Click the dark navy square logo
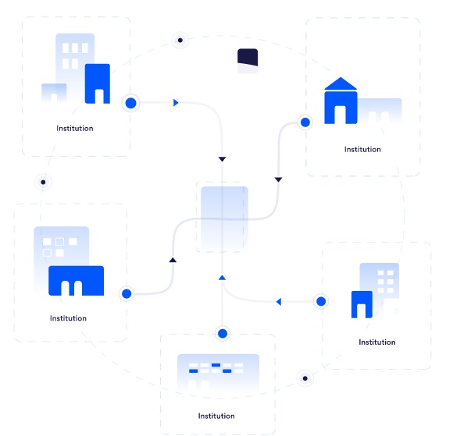pyautogui.click(x=248, y=58)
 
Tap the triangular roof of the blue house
pyautogui.click(x=341, y=83)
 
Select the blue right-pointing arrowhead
pyautogui.click(x=176, y=102)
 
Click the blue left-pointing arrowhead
pyautogui.click(x=279, y=302)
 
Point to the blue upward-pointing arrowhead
pyautogui.click(x=222, y=278)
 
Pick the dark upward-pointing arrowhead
pyautogui.click(x=173, y=260)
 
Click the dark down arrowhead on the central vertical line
pyautogui.click(x=222, y=159)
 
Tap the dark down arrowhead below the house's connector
pyautogui.click(x=278, y=179)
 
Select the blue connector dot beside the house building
pyautogui.click(x=305, y=122)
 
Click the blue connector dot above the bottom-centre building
pyautogui.click(x=223, y=334)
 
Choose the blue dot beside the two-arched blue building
pyautogui.click(x=127, y=294)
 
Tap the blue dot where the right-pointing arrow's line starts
pyautogui.click(x=131, y=103)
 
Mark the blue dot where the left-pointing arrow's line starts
pyautogui.click(x=321, y=302)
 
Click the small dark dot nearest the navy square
pyautogui.click(x=180, y=40)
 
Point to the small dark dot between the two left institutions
pyautogui.click(x=43, y=182)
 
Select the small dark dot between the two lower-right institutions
pyautogui.click(x=305, y=378)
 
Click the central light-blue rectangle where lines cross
pyautogui.click(x=224, y=218)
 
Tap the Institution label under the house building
pyautogui.click(x=362, y=149)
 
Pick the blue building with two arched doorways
pyautogui.click(x=76, y=281)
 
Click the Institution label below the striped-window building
pyautogui.click(x=216, y=416)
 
